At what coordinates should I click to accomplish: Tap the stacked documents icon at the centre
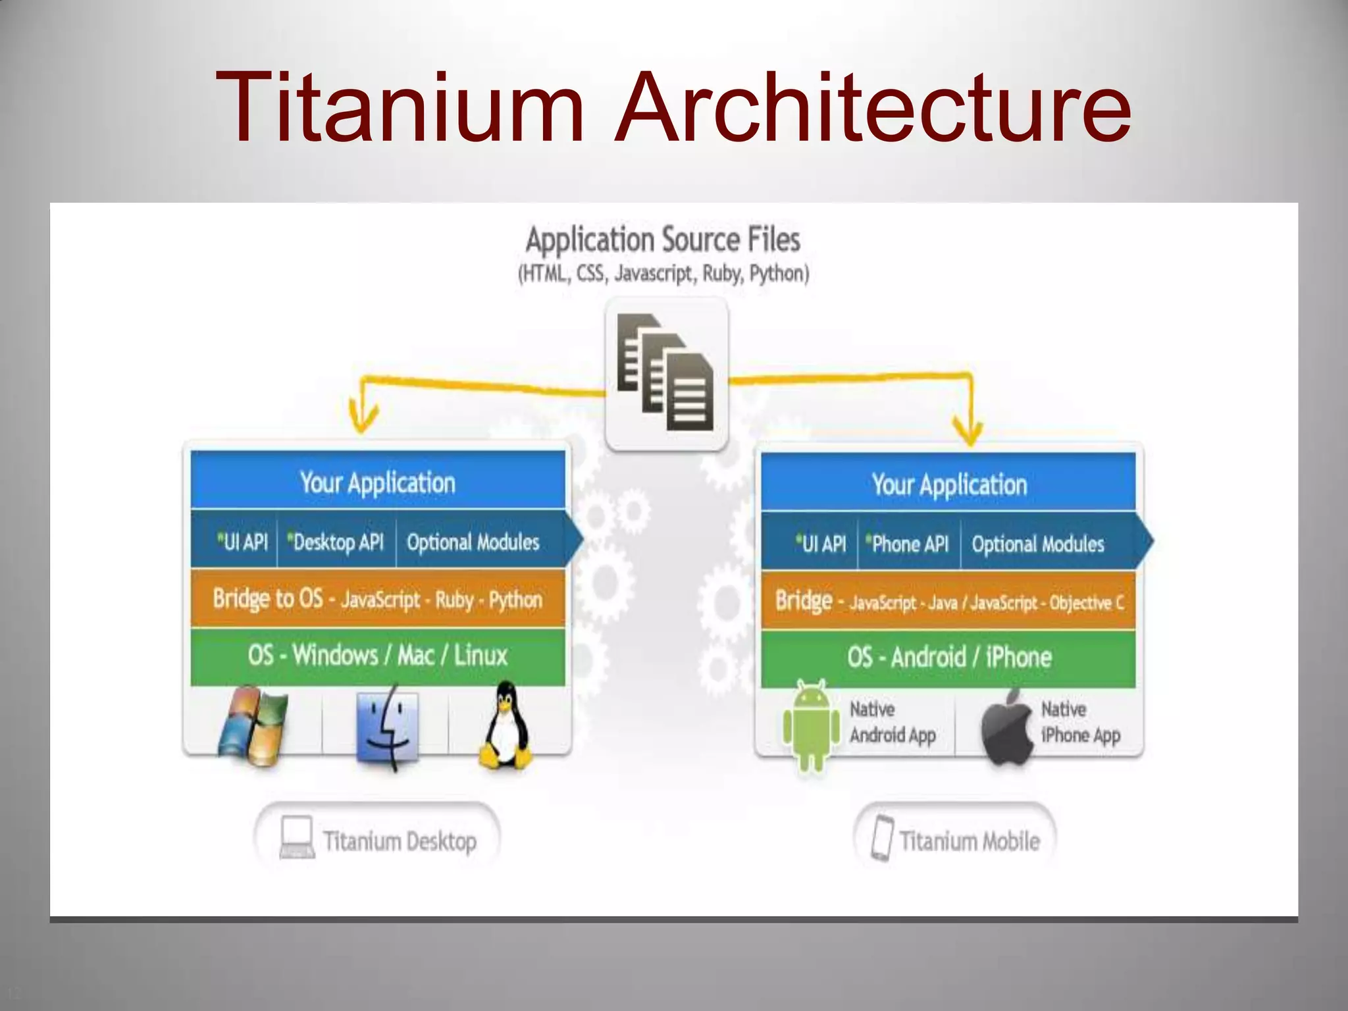pos(666,373)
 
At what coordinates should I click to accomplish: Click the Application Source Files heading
pos(663,239)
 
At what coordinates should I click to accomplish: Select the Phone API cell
pos(909,544)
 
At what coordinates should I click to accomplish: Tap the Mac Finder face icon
pos(387,727)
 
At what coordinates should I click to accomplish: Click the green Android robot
pos(811,724)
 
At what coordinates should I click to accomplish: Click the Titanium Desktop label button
pos(377,841)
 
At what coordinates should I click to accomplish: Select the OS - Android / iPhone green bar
pos(948,658)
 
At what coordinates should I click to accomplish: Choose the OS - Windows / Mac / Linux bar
pos(378,656)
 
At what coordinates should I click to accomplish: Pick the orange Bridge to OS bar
pos(378,599)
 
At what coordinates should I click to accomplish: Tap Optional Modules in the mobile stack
pos(1037,544)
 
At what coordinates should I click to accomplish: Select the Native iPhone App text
pos(1079,723)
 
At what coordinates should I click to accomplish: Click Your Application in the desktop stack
pos(378,482)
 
